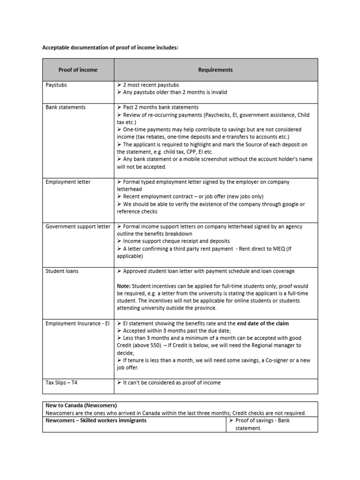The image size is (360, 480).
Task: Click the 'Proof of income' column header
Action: (78, 70)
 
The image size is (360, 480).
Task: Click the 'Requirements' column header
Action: (215, 70)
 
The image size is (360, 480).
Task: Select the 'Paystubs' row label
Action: (56, 85)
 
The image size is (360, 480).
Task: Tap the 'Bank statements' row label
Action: (66, 107)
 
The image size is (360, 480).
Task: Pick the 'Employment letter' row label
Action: (68, 182)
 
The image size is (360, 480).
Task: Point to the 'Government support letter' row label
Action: (78, 226)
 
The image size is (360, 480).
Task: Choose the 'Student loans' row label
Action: (62, 271)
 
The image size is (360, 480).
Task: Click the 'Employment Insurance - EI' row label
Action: (77, 323)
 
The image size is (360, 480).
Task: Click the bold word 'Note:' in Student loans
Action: (124, 286)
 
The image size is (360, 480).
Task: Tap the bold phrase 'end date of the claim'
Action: (263, 323)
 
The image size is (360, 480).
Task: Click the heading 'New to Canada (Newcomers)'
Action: (81, 405)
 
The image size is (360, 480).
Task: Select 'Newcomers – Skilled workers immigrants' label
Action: (96, 420)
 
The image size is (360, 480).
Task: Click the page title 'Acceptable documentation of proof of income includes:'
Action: (110, 47)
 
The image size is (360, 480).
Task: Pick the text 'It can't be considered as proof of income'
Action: (172, 382)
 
